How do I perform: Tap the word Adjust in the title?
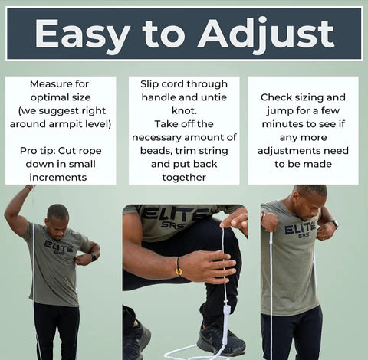click(267, 35)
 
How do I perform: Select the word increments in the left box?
click(58, 177)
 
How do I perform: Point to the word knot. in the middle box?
click(184, 110)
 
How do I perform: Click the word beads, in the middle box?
click(156, 151)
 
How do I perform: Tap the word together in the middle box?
click(184, 178)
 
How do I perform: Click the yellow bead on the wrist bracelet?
click(179, 272)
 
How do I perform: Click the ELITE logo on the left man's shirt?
click(59, 247)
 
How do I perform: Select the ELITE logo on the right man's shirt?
click(300, 229)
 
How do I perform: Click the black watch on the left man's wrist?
click(94, 257)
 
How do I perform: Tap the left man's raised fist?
click(30, 188)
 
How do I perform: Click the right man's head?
click(309, 202)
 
